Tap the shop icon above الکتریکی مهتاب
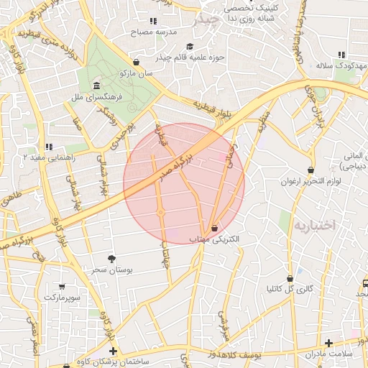pyautogui.click(x=215, y=228)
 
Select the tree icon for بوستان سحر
pyautogui.click(x=111, y=258)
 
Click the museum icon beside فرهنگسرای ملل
pyautogui.click(x=96, y=88)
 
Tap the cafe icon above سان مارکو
pyautogui.click(x=137, y=62)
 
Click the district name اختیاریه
pyautogui.click(x=315, y=225)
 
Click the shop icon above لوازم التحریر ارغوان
pyautogui.click(x=310, y=170)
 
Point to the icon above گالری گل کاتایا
pyautogui.click(x=290, y=278)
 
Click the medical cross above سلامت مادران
pyautogui.click(x=329, y=344)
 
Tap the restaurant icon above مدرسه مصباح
pyautogui.click(x=152, y=22)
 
